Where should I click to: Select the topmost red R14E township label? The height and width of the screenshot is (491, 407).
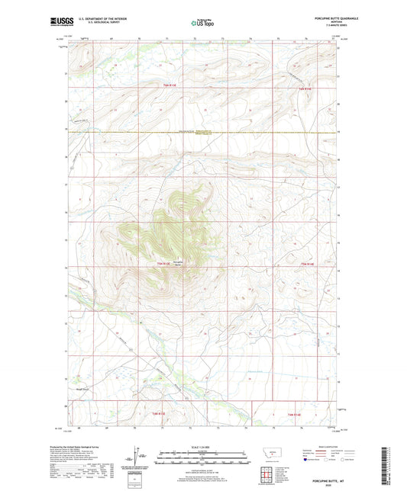tap(305, 88)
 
